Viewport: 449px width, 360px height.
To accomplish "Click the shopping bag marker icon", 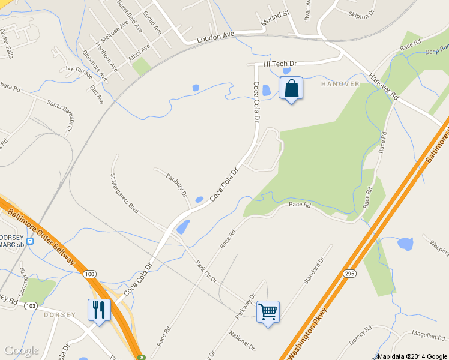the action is tap(291, 88).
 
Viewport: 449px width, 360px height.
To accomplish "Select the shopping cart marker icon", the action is tap(268, 311).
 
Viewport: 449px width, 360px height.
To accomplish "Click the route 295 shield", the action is tap(349, 273).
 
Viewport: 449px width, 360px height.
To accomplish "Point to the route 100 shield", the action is tap(89, 274).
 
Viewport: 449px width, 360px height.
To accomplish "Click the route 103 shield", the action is tap(32, 306).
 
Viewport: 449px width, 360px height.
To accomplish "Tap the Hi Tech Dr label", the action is tap(280, 64).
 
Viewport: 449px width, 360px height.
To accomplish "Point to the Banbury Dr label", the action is tap(176, 184).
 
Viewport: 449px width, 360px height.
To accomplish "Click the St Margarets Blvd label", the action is tap(124, 194).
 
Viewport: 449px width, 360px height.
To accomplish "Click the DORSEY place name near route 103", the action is tap(59, 315).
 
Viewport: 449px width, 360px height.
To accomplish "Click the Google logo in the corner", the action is tap(22, 350).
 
